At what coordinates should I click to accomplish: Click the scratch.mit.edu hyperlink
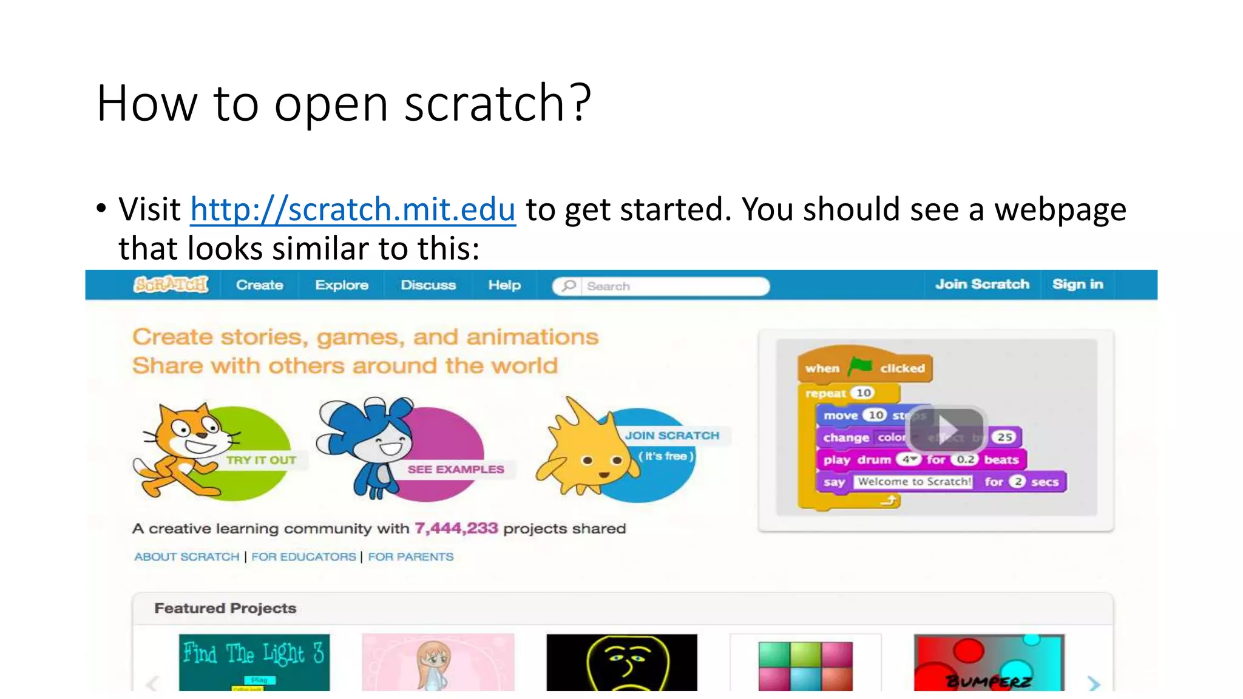353,210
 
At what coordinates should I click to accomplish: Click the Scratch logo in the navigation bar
171,285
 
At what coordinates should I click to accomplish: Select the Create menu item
259,285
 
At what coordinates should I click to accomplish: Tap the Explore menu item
342,285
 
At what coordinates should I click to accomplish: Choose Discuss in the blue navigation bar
428,285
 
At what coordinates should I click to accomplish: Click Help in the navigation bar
504,285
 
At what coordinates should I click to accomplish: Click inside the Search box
668,286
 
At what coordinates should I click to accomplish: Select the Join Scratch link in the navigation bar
982,285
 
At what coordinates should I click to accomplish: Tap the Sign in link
1077,285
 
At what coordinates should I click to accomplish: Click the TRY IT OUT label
261,460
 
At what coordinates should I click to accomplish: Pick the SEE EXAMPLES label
455,469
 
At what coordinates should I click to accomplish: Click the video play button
945,428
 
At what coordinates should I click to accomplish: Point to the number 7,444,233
456,528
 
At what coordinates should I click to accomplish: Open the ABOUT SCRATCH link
186,556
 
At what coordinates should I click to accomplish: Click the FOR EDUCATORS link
303,556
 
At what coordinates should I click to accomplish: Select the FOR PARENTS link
410,556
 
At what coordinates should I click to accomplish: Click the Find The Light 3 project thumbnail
254,662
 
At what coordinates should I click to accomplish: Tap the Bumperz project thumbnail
989,662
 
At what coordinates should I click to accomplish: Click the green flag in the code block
860,366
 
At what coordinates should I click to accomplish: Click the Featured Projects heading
225,608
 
